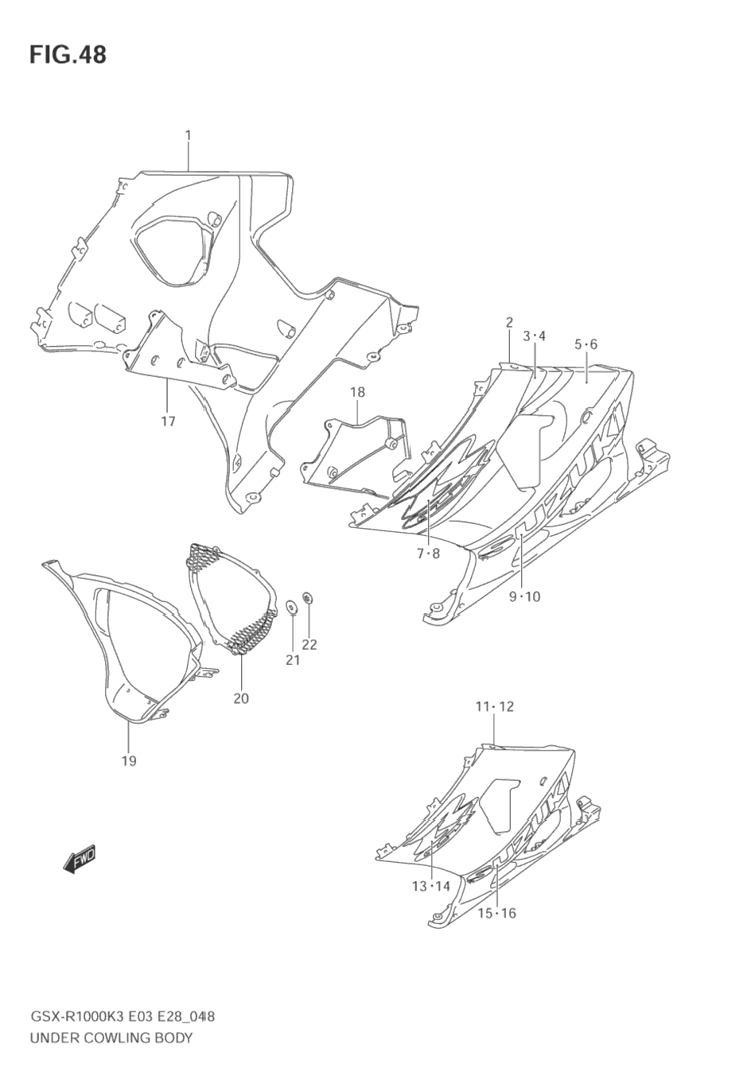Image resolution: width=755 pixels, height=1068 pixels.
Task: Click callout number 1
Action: click(189, 136)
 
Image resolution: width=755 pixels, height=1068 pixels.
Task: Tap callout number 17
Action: click(168, 421)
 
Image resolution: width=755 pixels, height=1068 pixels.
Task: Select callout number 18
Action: click(357, 392)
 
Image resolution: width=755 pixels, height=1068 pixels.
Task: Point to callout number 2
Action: click(509, 322)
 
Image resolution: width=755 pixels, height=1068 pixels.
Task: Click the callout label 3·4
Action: click(535, 336)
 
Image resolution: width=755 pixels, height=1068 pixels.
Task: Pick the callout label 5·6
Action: click(586, 344)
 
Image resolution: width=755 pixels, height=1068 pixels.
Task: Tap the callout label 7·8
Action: click(428, 553)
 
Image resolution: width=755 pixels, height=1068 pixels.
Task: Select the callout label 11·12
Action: click(495, 706)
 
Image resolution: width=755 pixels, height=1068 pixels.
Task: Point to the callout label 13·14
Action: click(431, 887)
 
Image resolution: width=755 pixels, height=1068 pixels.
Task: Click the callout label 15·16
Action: click(497, 913)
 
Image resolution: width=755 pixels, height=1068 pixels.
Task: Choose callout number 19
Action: click(129, 761)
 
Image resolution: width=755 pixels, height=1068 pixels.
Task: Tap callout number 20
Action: click(241, 698)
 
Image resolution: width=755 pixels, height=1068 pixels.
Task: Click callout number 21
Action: click(293, 660)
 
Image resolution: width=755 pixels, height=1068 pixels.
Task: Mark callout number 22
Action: click(309, 645)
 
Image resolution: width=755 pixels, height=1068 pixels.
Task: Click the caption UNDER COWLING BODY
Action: click(111, 1037)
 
